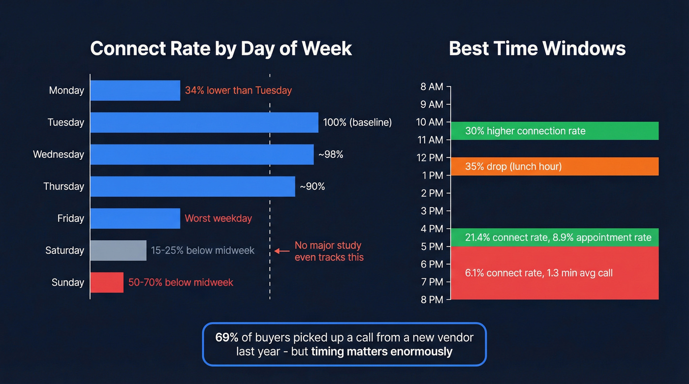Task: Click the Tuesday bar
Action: point(204,122)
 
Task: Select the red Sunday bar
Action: point(107,282)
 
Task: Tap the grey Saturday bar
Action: point(118,250)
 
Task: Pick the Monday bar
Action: point(135,90)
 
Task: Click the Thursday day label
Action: point(63,186)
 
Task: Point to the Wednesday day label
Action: point(59,154)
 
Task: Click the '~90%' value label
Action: point(313,186)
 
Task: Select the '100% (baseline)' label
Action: point(357,122)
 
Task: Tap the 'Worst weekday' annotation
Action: point(218,218)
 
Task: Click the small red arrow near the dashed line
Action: point(282,251)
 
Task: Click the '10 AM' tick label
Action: point(430,122)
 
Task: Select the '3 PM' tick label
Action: point(432,211)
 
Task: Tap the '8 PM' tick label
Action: point(432,299)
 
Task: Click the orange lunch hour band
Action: point(555,166)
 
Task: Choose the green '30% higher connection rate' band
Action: point(555,131)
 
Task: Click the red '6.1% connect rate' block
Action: point(555,273)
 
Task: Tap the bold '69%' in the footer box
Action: point(227,337)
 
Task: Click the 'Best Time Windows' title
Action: point(537,49)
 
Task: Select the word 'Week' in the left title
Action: point(327,49)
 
